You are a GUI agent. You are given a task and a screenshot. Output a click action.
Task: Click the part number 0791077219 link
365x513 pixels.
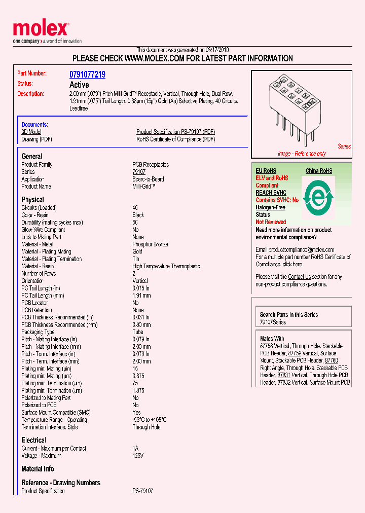(x=87, y=75)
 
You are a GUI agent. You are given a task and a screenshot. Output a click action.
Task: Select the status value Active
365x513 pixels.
(x=79, y=85)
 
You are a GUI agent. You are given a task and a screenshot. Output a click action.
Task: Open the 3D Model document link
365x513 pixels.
(x=31, y=132)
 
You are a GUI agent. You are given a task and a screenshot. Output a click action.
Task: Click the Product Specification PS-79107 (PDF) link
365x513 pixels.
(x=175, y=132)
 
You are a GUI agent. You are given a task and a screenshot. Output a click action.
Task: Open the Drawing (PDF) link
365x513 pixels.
(x=36, y=139)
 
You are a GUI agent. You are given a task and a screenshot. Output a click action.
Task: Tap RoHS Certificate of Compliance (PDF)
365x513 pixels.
(x=175, y=139)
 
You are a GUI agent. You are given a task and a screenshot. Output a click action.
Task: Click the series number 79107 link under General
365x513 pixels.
(x=139, y=172)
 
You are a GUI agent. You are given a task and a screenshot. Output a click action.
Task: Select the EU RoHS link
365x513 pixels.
(x=266, y=171)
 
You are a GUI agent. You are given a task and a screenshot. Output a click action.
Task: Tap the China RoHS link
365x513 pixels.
(x=319, y=171)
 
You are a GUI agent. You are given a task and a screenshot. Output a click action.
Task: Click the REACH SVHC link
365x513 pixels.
(x=271, y=193)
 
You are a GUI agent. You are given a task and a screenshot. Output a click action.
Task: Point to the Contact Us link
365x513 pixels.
(x=299, y=277)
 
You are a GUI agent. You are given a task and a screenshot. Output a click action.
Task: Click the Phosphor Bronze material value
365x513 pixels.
(x=150, y=244)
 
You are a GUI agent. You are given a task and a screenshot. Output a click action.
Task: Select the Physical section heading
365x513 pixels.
(x=32, y=200)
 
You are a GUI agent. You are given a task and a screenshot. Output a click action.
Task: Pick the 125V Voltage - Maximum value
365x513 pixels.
(x=138, y=456)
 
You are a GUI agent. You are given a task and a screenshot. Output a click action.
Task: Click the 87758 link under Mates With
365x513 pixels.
(x=267, y=346)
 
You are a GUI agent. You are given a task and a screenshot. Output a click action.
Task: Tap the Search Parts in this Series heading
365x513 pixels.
(x=289, y=315)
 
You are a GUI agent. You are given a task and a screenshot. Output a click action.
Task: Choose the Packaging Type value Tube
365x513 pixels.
(x=138, y=332)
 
